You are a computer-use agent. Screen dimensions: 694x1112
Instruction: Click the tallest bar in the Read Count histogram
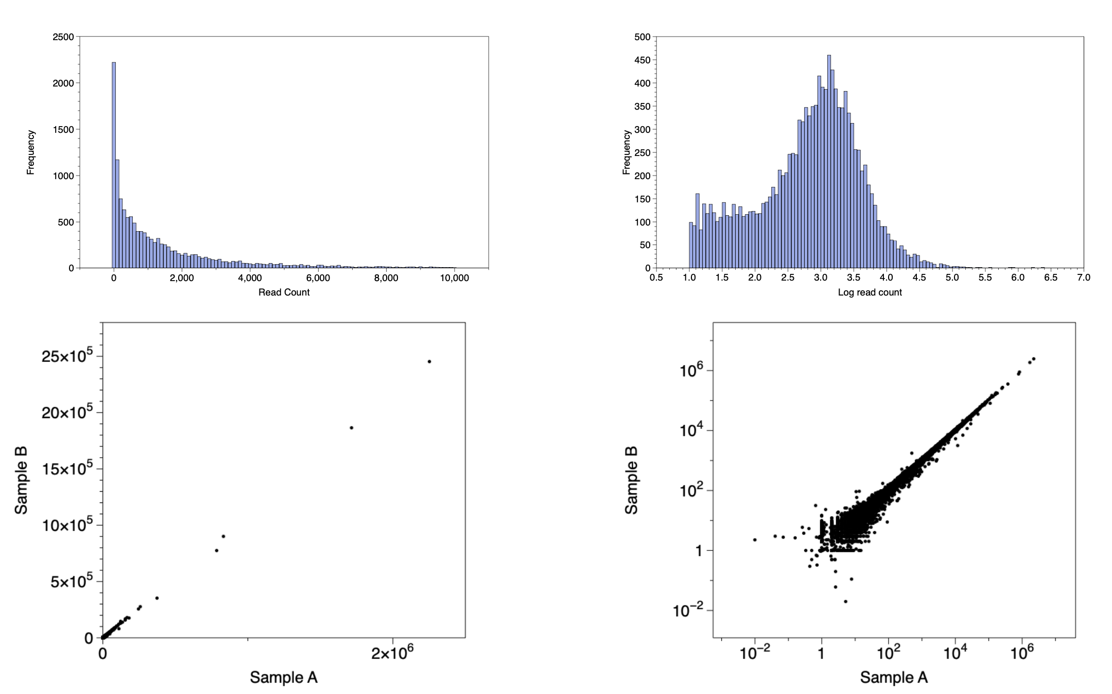pos(114,165)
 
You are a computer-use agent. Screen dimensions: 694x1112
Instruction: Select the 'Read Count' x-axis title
pos(284,292)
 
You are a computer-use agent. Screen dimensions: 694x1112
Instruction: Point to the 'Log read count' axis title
pos(870,292)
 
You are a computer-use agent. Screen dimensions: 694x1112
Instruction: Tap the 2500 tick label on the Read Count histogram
pos(63,37)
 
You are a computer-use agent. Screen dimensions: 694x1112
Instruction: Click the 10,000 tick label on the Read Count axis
pos(454,278)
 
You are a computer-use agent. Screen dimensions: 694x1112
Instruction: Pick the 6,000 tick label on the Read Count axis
pos(318,278)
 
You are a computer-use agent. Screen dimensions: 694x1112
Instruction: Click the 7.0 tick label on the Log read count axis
pos(1083,277)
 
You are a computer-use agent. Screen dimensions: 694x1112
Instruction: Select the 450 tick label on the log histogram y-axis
pos(642,60)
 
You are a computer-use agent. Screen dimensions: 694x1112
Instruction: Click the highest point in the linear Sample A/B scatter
pos(429,361)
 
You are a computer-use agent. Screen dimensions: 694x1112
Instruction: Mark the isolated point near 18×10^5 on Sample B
pos(352,428)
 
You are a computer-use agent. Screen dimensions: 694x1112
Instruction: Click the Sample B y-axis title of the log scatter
pos(631,480)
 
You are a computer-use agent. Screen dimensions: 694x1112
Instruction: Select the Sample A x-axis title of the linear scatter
pos(284,677)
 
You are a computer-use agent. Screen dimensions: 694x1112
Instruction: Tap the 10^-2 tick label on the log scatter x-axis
pos(755,653)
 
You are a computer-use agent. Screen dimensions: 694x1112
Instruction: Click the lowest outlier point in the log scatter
pos(846,601)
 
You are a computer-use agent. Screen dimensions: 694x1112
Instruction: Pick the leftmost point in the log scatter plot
pos(755,540)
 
